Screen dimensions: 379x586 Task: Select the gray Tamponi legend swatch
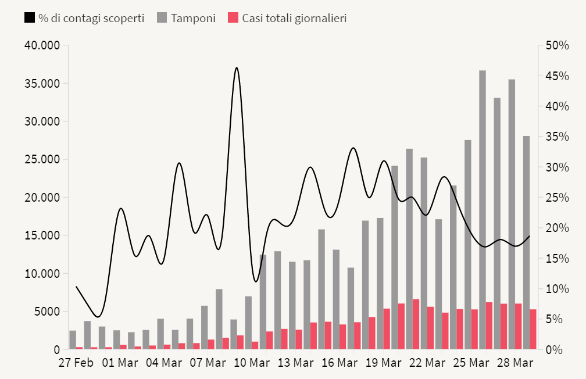coord(162,18)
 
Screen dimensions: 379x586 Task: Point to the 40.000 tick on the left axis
coord(41,45)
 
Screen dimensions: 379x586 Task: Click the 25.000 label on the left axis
coord(41,159)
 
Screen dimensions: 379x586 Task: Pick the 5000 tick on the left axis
coord(46,312)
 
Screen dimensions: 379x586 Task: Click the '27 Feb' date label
coord(76,363)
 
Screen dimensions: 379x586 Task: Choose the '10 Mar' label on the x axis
coord(251,363)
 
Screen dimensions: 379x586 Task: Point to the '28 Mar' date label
coord(514,363)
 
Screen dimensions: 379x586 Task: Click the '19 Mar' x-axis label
coord(383,363)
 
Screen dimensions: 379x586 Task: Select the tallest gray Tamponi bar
coord(483,209)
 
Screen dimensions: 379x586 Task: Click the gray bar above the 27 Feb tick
coord(73,340)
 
